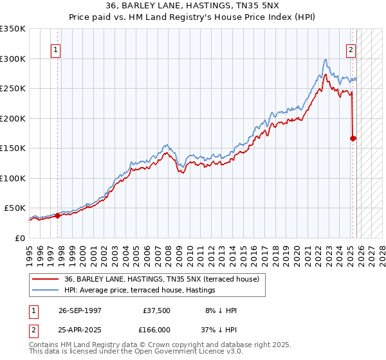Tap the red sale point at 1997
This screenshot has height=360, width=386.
[58, 215]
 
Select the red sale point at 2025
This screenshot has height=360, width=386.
[353, 138]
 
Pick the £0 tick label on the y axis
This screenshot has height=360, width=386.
[19, 238]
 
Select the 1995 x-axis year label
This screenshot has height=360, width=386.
[29, 251]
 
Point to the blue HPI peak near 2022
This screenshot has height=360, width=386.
[326, 59]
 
